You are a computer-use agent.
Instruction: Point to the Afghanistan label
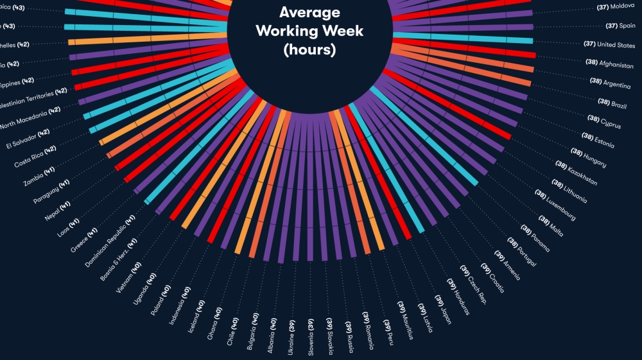click(x=610, y=64)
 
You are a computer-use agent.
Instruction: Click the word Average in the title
click(x=309, y=12)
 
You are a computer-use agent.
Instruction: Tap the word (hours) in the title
click(x=309, y=49)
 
